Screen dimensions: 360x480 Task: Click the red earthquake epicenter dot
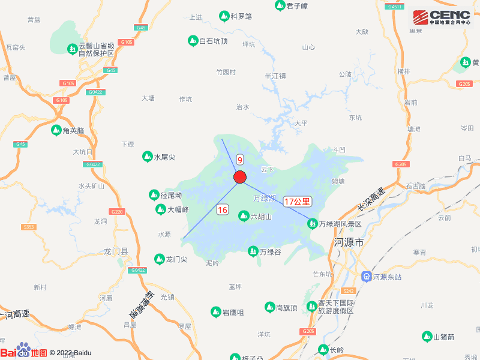tap(240, 177)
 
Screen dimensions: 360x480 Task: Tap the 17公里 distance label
tap(298, 202)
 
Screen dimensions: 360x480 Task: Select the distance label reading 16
tap(223, 209)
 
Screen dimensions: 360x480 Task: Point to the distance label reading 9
tap(240, 160)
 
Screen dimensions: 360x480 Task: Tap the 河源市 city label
tap(349, 243)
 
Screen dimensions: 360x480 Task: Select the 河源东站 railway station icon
tap(366, 277)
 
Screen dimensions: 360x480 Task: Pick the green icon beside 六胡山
tap(244, 216)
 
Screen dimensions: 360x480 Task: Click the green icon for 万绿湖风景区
tap(312, 224)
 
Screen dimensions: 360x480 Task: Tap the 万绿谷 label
tap(271, 252)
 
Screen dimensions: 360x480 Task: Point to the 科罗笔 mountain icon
tap(224, 16)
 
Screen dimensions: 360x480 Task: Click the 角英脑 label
tap(75, 130)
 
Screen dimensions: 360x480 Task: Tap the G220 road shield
tap(117, 212)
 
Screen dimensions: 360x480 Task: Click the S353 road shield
tap(28, 227)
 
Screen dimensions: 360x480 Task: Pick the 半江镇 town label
tap(275, 76)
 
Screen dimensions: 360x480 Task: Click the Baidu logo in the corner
tap(24, 352)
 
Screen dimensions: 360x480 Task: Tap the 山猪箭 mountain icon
tap(427, 337)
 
